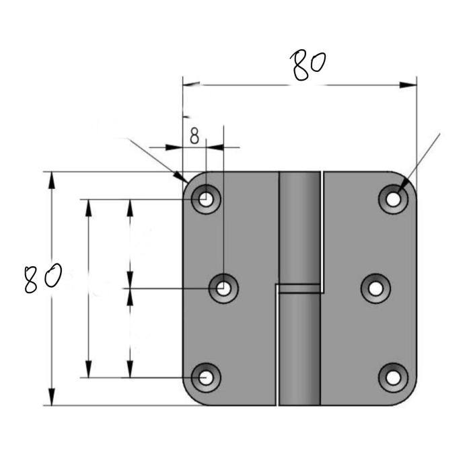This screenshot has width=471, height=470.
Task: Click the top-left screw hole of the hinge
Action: point(206,199)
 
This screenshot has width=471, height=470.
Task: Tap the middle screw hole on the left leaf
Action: point(223,288)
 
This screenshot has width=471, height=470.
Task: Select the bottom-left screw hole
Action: point(206,378)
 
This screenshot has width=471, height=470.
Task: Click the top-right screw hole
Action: point(393,199)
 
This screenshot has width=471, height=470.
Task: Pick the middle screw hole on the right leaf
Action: point(375,288)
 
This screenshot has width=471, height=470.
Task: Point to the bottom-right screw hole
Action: point(393,378)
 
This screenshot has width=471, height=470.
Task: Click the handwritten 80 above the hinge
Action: point(308,66)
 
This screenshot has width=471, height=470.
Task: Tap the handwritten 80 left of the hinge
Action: point(43,278)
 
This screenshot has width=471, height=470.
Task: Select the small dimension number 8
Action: point(194,136)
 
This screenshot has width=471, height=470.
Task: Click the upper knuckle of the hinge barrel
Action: point(299,227)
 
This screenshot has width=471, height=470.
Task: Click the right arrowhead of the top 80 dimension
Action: point(408,85)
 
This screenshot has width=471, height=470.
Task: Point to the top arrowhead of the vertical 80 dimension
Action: point(52,180)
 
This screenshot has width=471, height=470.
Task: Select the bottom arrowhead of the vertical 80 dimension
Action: point(52,397)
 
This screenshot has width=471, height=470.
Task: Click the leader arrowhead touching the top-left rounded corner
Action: point(180,177)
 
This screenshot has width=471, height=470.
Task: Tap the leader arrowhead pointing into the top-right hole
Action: point(404,184)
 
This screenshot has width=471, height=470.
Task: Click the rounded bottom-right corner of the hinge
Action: point(409,398)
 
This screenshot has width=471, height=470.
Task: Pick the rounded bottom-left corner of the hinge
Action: point(190,398)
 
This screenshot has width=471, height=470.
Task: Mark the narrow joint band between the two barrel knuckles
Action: point(299,288)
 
